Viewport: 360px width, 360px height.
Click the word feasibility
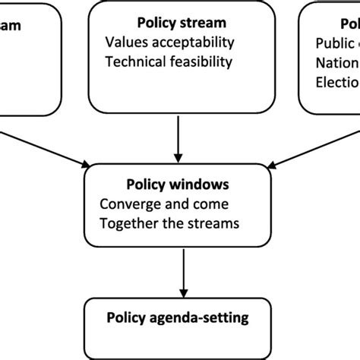[200, 62]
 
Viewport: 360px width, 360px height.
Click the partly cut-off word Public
[333, 43]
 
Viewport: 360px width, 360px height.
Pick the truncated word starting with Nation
[334, 62]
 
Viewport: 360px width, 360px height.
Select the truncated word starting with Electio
[334, 81]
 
